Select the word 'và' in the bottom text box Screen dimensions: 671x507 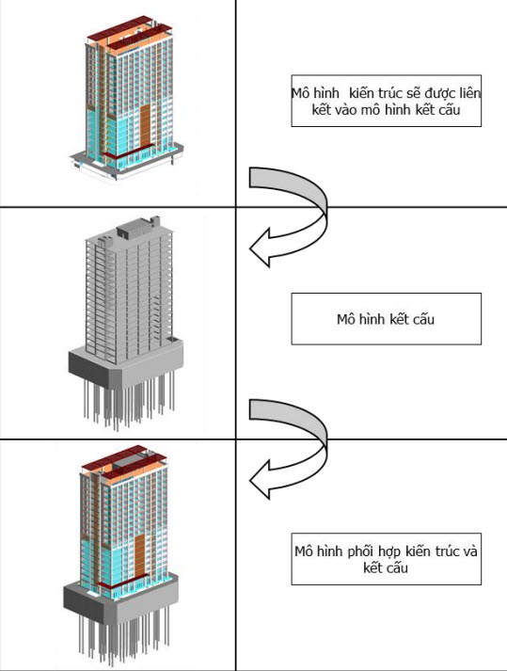[x=469, y=551]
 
